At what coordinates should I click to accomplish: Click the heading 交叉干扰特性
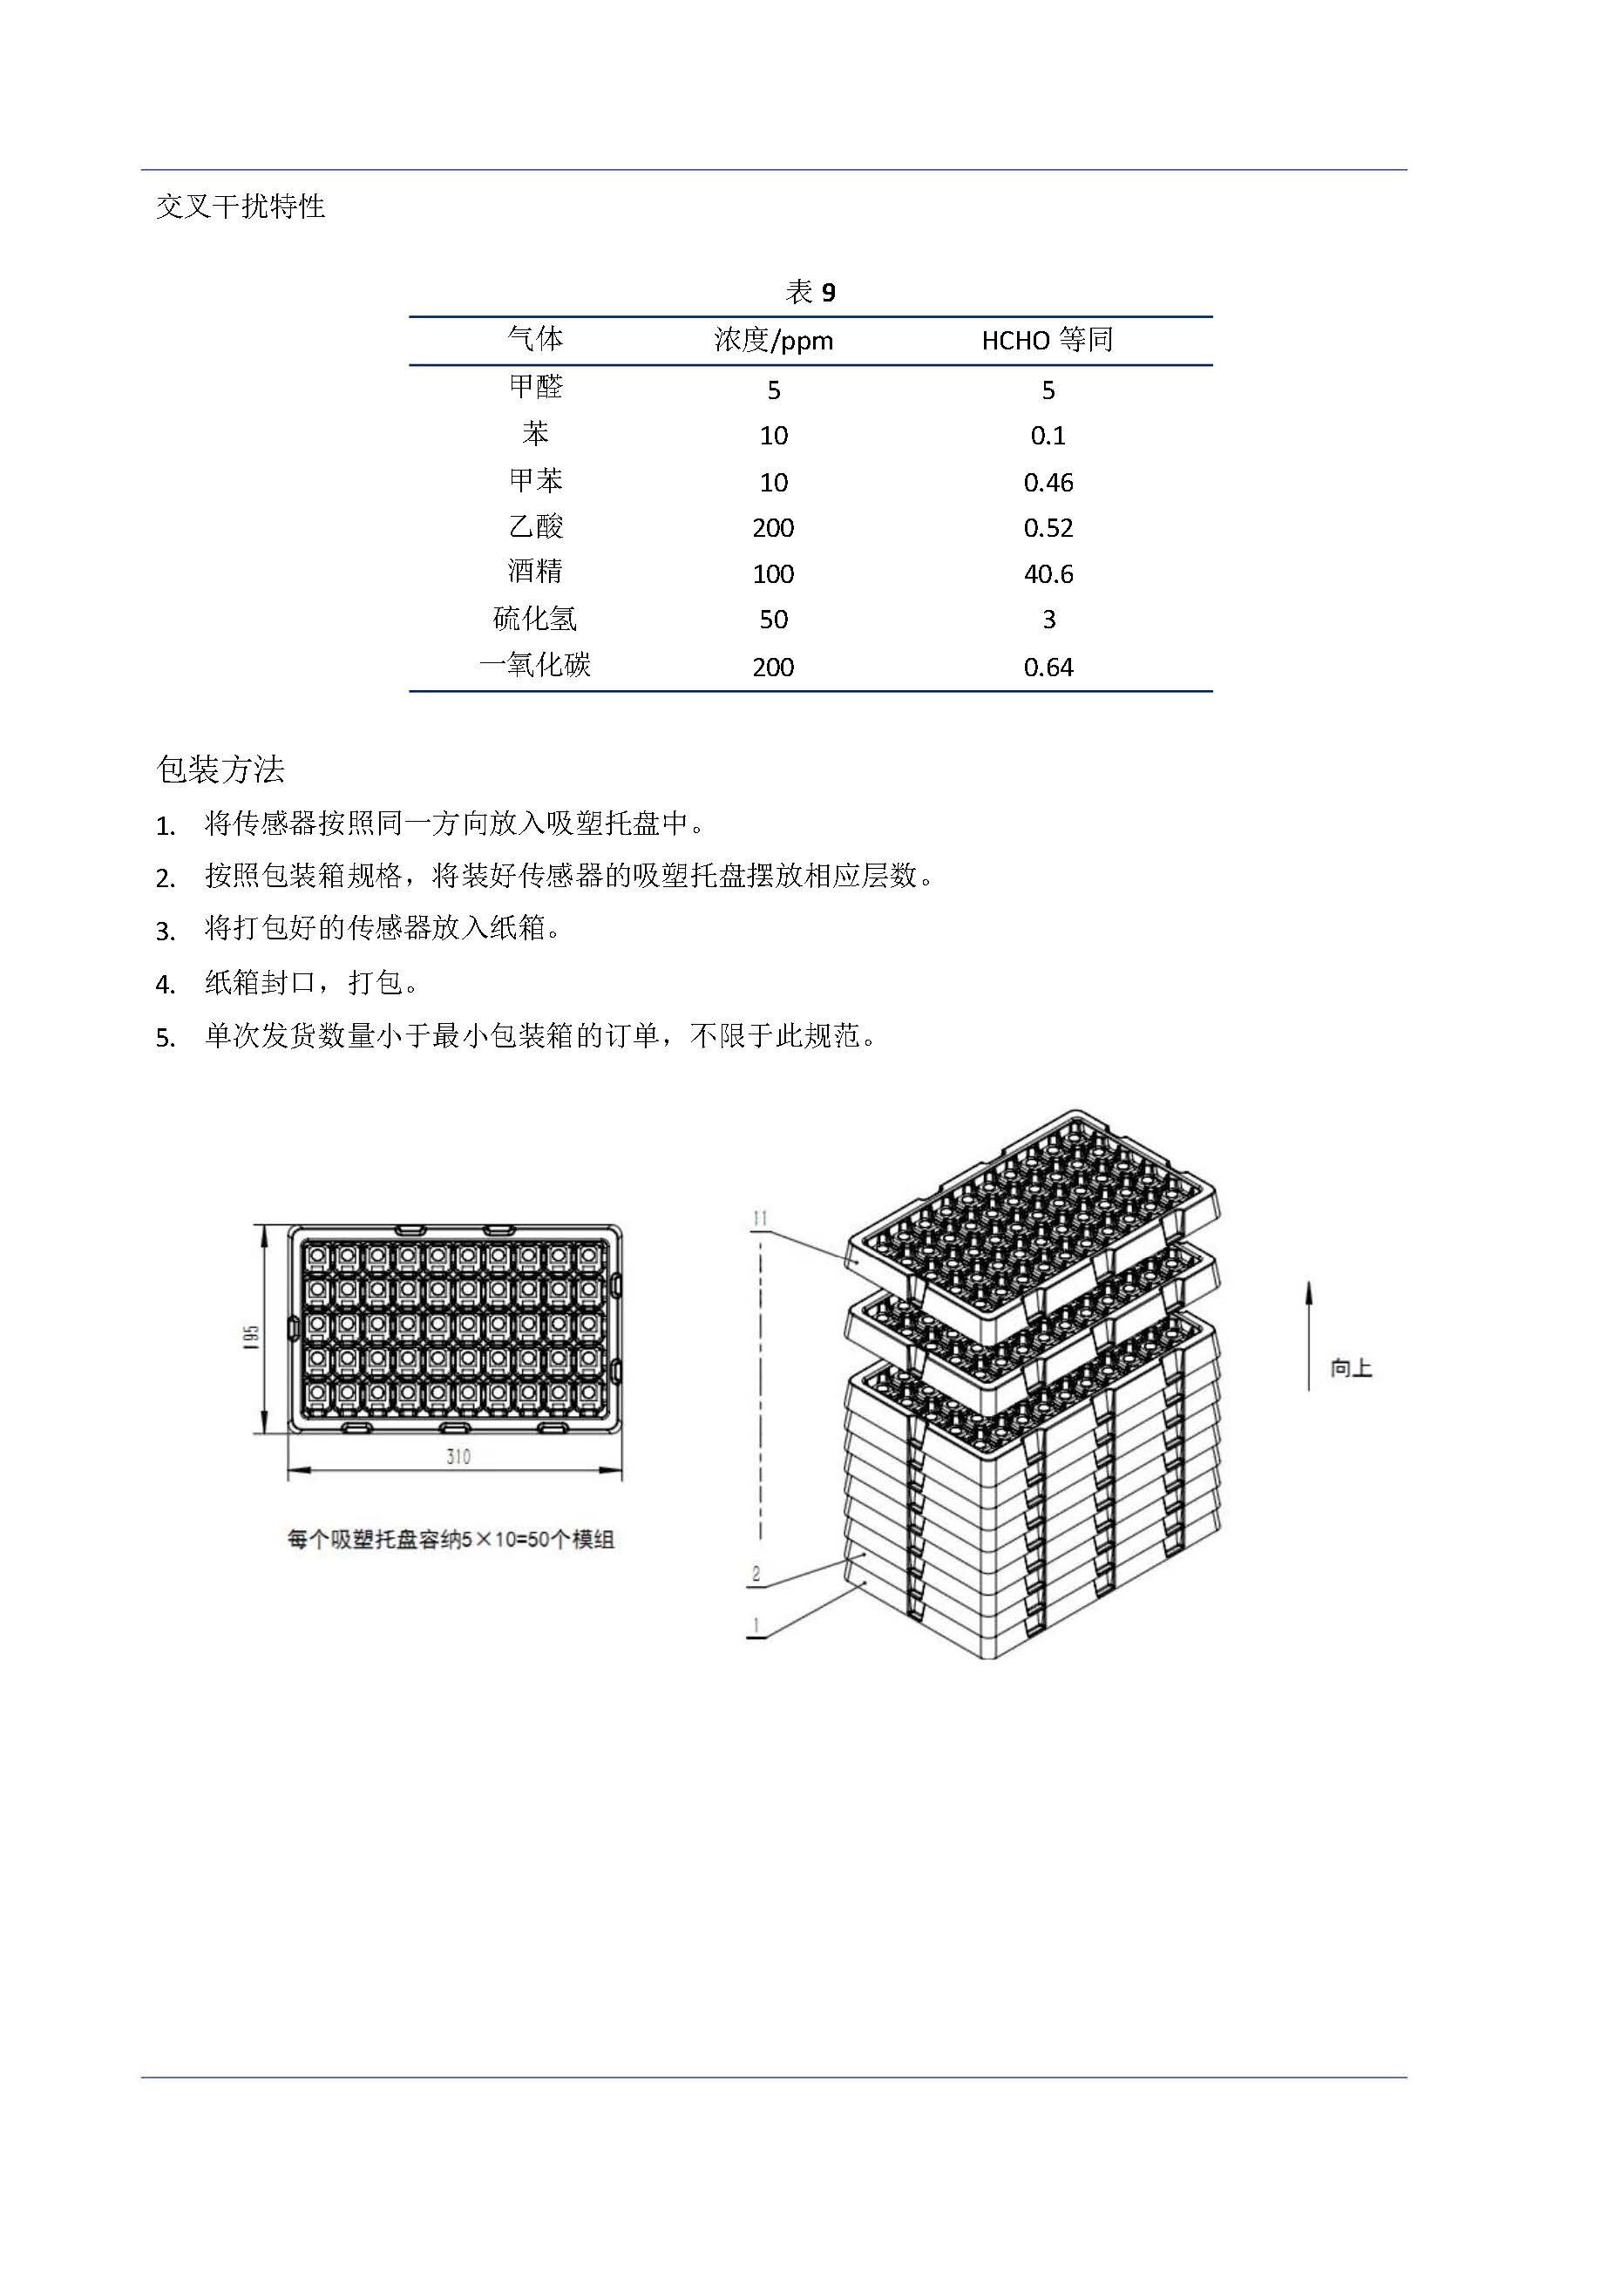pyautogui.click(x=241, y=207)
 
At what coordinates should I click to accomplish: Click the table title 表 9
pyautogui.click(x=810, y=292)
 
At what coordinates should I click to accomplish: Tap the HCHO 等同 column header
pyautogui.click(x=1047, y=340)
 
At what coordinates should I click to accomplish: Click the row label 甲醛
pyautogui.click(x=536, y=386)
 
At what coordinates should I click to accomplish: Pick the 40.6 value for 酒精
pyautogui.click(x=1048, y=573)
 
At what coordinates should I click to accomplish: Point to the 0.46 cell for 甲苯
pyautogui.click(x=1048, y=483)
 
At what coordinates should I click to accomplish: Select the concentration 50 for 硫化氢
pyautogui.click(x=774, y=620)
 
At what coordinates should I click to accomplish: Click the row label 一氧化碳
pyautogui.click(x=536, y=666)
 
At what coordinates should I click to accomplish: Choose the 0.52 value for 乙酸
pyautogui.click(x=1048, y=528)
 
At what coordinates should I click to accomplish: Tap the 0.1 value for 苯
pyautogui.click(x=1048, y=436)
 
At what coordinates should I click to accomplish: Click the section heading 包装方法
pyautogui.click(x=220, y=769)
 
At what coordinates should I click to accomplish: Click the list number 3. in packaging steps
pyautogui.click(x=166, y=932)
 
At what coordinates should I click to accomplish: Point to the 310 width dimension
pyautogui.click(x=458, y=1458)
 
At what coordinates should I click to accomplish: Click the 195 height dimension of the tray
pyautogui.click(x=252, y=1338)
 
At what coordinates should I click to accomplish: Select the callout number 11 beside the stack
pyautogui.click(x=761, y=1218)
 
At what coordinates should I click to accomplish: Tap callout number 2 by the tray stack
pyautogui.click(x=756, y=1575)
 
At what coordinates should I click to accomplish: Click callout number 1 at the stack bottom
pyautogui.click(x=756, y=1625)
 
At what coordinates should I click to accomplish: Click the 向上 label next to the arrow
pyautogui.click(x=1351, y=1368)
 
